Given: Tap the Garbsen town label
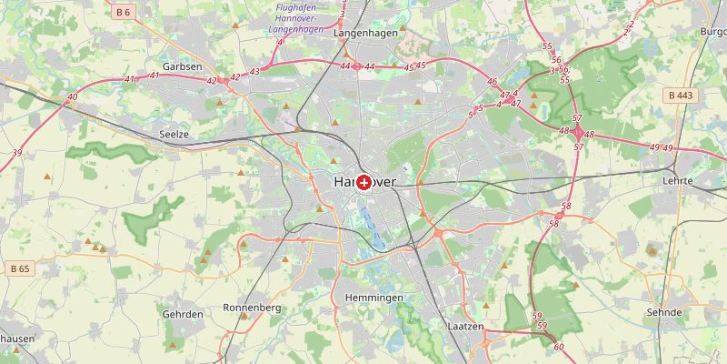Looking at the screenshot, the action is click(x=182, y=66).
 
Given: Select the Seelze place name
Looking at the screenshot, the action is click(x=173, y=134).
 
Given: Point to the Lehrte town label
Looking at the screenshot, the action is click(x=677, y=181).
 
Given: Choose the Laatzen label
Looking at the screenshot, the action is click(x=465, y=325).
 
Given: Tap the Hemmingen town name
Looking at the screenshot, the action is click(x=374, y=298).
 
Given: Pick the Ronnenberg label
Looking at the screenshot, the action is click(x=252, y=308).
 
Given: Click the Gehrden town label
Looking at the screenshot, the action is click(x=183, y=314).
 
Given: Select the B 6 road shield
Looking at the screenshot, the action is click(x=124, y=12).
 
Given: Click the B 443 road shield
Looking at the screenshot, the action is click(x=681, y=95).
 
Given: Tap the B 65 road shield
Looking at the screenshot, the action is click(x=18, y=268).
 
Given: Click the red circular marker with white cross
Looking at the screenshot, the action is click(x=364, y=183).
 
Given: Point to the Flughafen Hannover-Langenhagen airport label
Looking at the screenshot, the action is click(x=296, y=18).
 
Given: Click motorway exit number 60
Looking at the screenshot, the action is click(x=558, y=347).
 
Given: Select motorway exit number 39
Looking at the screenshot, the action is click(x=17, y=152).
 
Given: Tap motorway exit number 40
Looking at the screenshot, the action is click(x=72, y=96).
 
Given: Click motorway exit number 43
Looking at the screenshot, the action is click(x=254, y=71).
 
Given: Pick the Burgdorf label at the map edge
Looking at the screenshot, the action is click(x=712, y=32).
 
